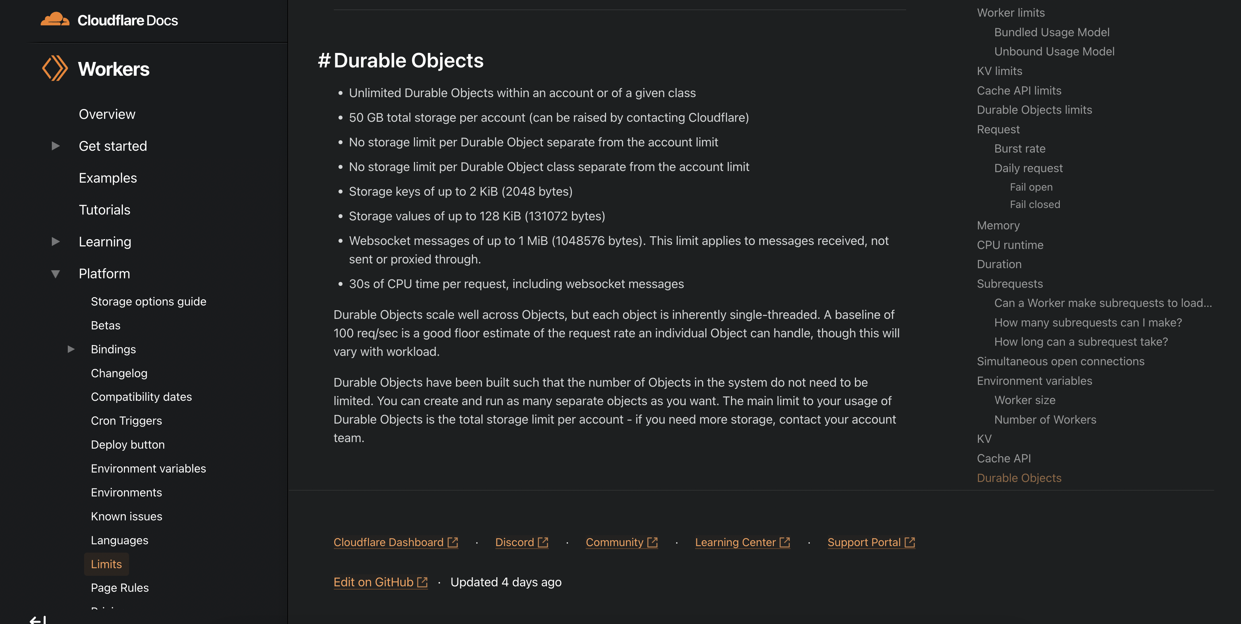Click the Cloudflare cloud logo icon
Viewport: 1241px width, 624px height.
click(54, 20)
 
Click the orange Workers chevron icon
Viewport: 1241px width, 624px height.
click(54, 68)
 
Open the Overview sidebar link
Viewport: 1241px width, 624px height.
click(107, 114)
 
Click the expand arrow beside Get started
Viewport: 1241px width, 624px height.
click(55, 146)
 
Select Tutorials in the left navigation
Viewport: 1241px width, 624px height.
click(104, 210)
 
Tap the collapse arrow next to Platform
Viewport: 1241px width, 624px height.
click(55, 274)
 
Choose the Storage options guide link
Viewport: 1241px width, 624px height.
click(148, 301)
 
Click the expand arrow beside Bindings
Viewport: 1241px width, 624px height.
click(71, 349)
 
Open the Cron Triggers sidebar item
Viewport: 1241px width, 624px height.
click(126, 421)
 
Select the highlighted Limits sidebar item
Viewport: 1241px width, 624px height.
click(107, 564)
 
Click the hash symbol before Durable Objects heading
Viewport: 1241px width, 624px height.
click(324, 61)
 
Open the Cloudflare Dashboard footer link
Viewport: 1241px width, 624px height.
click(388, 542)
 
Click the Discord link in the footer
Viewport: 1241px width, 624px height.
click(515, 542)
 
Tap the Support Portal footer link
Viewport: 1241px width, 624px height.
click(864, 542)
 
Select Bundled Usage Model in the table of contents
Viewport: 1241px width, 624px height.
click(1052, 32)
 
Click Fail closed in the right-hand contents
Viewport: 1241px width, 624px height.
click(1035, 205)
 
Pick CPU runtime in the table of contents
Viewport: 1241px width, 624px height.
click(1010, 245)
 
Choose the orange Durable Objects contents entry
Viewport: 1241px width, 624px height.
click(1019, 478)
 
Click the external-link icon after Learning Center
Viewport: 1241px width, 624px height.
click(785, 542)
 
